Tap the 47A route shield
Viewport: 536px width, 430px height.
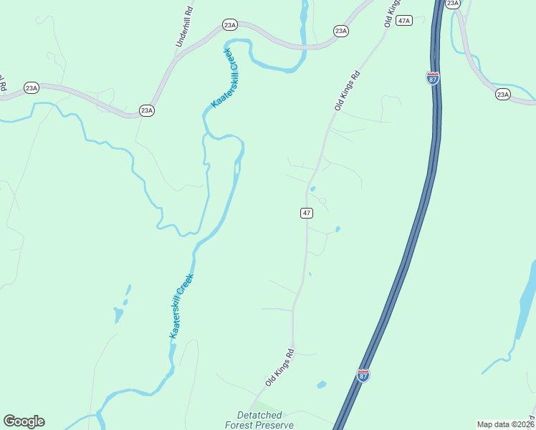(x=404, y=21)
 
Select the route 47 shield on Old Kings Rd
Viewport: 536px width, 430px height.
(x=306, y=213)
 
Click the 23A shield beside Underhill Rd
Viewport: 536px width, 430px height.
(x=229, y=24)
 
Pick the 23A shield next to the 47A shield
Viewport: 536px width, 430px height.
(x=341, y=31)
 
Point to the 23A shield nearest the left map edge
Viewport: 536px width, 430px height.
(x=31, y=88)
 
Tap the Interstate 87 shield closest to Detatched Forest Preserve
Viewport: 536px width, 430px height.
(x=363, y=375)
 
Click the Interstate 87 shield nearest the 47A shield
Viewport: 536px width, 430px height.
(x=433, y=77)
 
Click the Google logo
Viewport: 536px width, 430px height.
(x=24, y=421)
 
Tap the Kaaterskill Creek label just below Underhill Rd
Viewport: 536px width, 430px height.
(x=223, y=79)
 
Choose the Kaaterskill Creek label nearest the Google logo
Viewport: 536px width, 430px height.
(x=182, y=306)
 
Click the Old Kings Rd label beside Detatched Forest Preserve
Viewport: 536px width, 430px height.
(x=280, y=368)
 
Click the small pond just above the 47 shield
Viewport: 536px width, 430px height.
(x=312, y=189)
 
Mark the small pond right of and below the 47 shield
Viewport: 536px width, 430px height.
(x=337, y=229)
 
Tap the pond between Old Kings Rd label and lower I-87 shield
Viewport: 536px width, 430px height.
(x=321, y=385)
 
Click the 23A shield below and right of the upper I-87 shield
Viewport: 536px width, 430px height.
(x=502, y=95)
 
